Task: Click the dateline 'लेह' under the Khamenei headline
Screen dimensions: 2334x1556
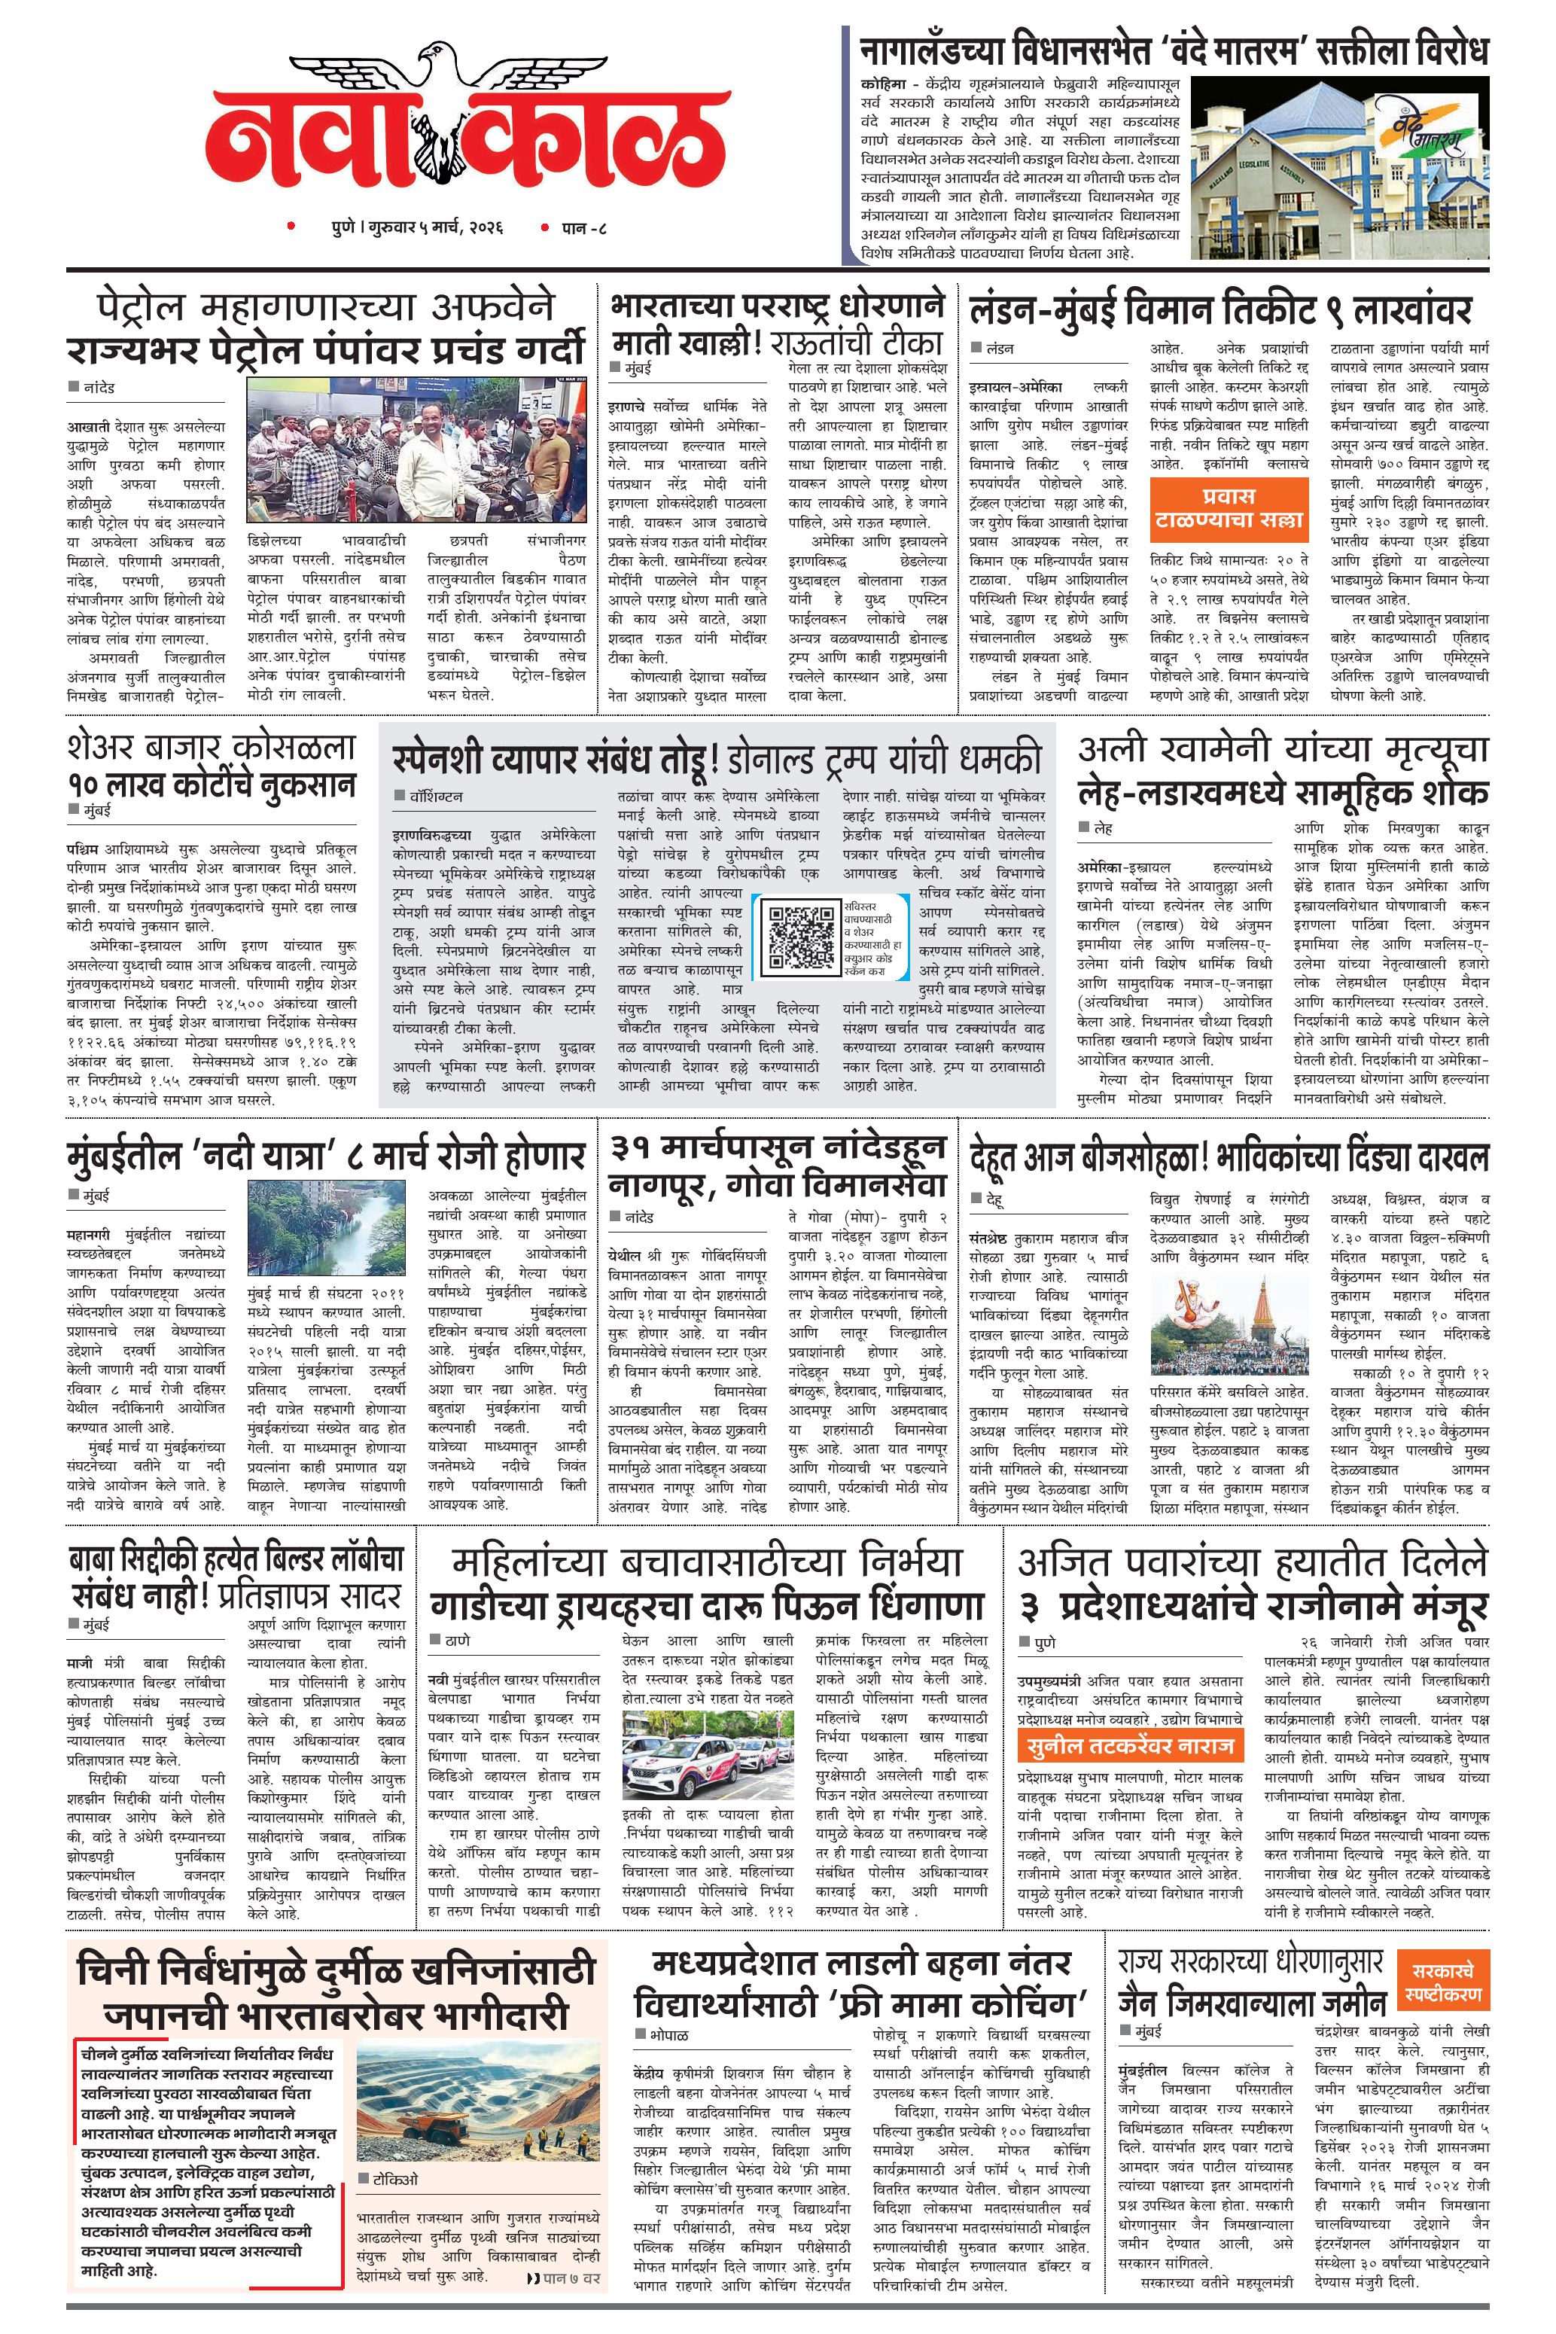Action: tap(1103, 827)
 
